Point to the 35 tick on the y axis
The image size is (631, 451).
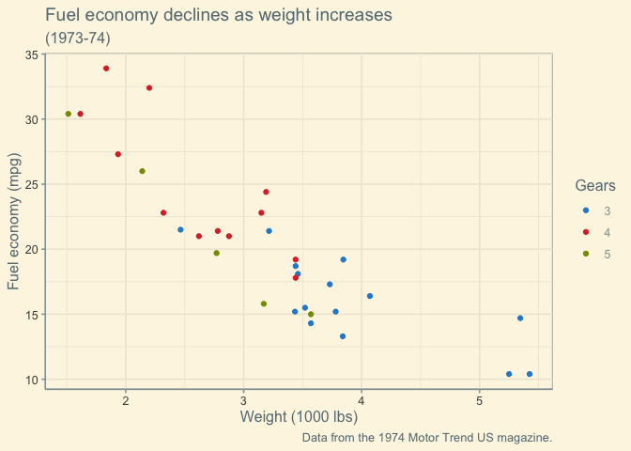click(32, 55)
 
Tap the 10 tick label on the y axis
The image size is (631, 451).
click(32, 380)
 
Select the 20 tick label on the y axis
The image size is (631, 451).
click(32, 250)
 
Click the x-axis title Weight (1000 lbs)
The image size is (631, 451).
click(299, 417)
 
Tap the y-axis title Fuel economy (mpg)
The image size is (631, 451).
click(15, 222)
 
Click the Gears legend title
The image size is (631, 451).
click(595, 186)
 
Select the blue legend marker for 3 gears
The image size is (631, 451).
click(586, 210)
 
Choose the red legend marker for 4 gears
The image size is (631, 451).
click(586, 232)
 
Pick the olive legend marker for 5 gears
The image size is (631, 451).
click(586, 254)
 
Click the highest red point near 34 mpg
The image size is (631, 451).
click(106, 69)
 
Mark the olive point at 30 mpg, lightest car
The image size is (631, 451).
click(69, 114)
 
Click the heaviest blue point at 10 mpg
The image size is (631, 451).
click(530, 374)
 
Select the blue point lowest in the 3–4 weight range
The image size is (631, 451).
click(343, 336)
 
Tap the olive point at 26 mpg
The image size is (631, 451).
click(142, 171)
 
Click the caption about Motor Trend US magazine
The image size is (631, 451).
click(427, 438)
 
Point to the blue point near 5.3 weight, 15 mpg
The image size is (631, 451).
click(520, 319)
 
